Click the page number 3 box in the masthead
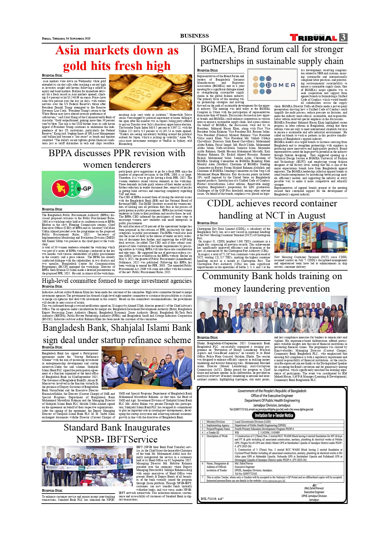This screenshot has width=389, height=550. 343,37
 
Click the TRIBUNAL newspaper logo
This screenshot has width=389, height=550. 313,38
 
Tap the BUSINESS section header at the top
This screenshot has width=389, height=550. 194,36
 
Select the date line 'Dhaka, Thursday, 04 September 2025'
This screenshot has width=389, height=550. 66,39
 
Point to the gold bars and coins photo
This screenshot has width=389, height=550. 150,92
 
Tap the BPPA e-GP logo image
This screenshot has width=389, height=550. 78,188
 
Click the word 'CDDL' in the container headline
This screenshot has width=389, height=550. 222,203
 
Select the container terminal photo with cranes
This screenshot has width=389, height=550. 310,237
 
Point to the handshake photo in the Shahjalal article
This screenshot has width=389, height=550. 147,368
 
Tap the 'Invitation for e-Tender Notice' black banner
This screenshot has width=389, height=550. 274,415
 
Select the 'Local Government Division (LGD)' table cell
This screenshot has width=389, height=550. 253,422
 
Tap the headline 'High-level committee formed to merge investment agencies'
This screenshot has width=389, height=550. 117,281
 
